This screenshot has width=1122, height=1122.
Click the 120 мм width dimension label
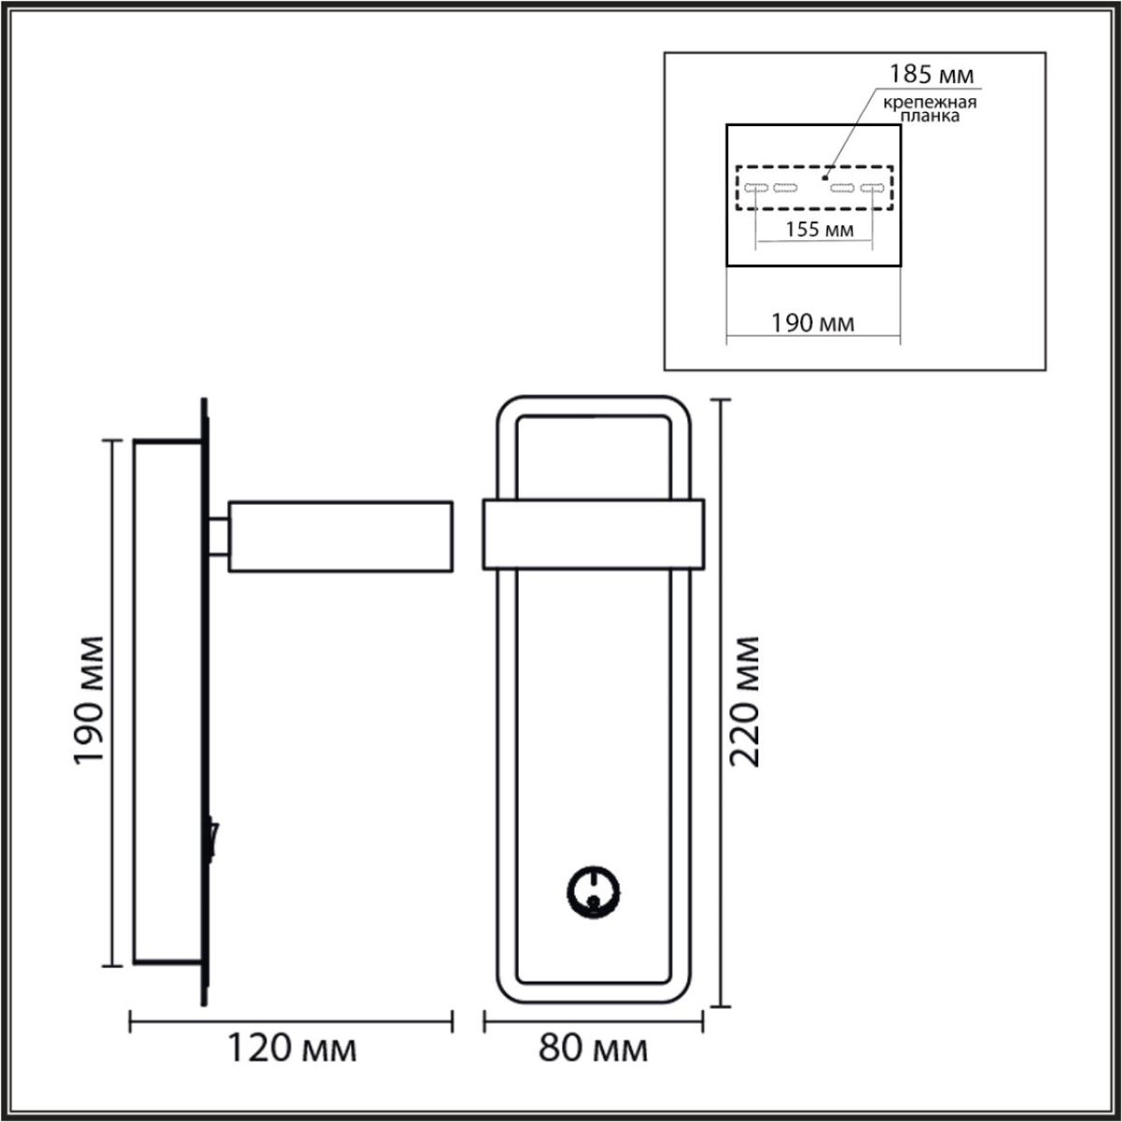[x=292, y=1048]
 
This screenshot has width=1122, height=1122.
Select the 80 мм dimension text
[x=593, y=1048]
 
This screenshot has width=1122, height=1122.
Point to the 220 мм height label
[x=745, y=701]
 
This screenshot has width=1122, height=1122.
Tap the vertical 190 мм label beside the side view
[x=92, y=701]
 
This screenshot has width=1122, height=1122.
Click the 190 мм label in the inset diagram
[x=812, y=324]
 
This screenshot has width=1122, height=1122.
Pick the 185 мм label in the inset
[x=929, y=74]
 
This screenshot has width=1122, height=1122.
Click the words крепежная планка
[x=927, y=109]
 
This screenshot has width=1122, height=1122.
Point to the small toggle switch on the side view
[x=215, y=838]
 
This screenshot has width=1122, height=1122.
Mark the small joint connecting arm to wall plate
[x=219, y=536]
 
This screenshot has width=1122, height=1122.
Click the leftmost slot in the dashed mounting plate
[x=756, y=188]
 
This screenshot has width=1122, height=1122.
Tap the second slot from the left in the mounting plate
[x=785, y=188]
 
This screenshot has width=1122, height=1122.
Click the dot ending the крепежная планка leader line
[x=824, y=175]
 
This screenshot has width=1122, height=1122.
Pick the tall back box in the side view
[x=165, y=701]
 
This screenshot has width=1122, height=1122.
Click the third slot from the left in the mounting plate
[x=843, y=188]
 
